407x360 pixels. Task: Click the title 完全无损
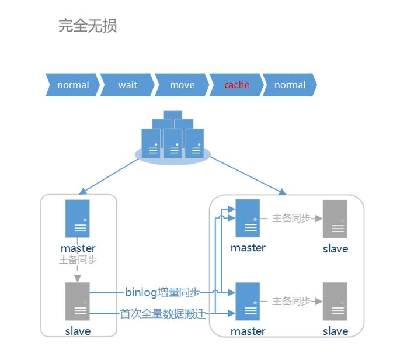(x=88, y=26)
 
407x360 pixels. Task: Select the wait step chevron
(x=127, y=85)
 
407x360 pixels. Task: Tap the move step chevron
(x=182, y=85)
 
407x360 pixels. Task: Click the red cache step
(x=236, y=85)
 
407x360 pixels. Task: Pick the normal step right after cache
(x=290, y=85)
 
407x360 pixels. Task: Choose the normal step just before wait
(x=73, y=85)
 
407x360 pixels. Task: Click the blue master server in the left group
(x=78, y=218)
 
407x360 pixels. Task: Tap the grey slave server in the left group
(x=78, y=301)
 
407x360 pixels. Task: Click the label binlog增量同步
(x=162, y=292)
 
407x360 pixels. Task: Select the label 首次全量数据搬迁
(x=164, y=314)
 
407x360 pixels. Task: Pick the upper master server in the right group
(x=248, y=219)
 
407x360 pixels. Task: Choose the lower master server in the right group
(x=248, y=302)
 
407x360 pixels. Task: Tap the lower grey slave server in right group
(x=335, y=302)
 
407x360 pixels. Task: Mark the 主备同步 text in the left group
(x=78, y=260)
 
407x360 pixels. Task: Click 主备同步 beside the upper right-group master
(x=291, y=219)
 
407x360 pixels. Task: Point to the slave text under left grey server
(x=78, y=331)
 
